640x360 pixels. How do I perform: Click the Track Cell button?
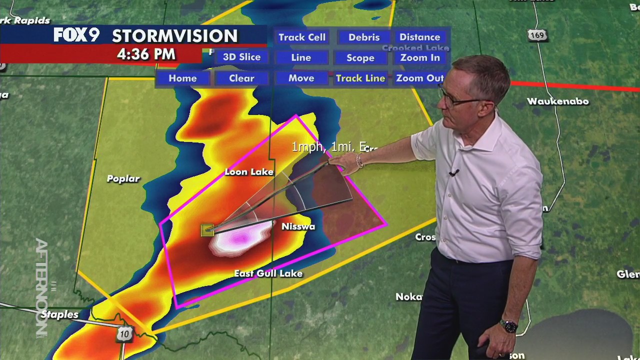click(302, 37)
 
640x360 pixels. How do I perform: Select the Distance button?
click(419, 37)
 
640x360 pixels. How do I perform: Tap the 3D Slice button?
click(241, 57)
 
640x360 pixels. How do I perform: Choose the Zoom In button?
click(420, 58)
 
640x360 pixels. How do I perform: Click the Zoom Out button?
click(419, 78)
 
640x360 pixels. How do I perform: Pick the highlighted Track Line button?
click(360, 78)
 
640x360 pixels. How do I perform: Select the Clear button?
click(241, 78)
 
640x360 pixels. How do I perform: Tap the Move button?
click(301, 78)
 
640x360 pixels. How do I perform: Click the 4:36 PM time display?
click(146, 54)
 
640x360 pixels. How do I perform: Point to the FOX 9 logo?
click(76, 35)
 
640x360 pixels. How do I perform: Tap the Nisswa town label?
click(298, 226)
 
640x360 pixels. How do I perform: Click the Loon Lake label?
click(249, 172)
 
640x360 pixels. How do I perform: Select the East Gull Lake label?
click(268, 273)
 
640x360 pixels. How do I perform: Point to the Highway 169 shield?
click(537, 35)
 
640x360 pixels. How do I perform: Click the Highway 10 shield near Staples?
click(124, 334)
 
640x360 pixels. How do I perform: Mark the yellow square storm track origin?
click(207, 230)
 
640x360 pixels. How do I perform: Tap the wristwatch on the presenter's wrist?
click(509, 326)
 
